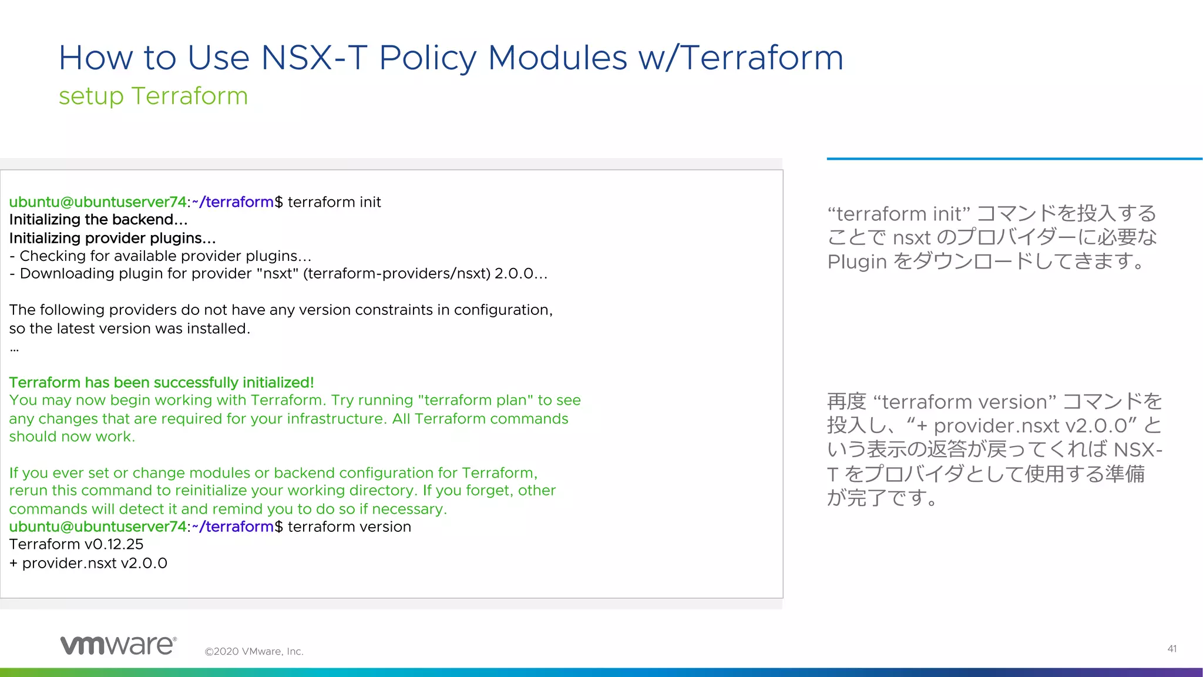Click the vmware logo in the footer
tap(118, 645)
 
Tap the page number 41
tap(1171, 649)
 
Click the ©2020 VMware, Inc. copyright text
tap(254, 651)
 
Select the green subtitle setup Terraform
tap(153, 96)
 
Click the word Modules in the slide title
tap(557, 58)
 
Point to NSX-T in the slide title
tap(314, 58)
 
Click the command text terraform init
tap(334, 202)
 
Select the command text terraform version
tap(350, 527)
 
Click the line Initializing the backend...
tap(98, 220)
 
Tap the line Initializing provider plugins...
tap(112, 238)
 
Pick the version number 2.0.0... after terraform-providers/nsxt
tap(520, 274)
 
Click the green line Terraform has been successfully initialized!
tap(162, 383)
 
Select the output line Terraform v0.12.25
tap(76, 544)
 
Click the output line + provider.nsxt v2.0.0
tap(88, 563)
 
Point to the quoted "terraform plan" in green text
tap(475, 400)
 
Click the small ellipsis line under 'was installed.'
tap(14, 350)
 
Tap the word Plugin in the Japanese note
tap(856, 262)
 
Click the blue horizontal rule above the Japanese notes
tap(1014, 159)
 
